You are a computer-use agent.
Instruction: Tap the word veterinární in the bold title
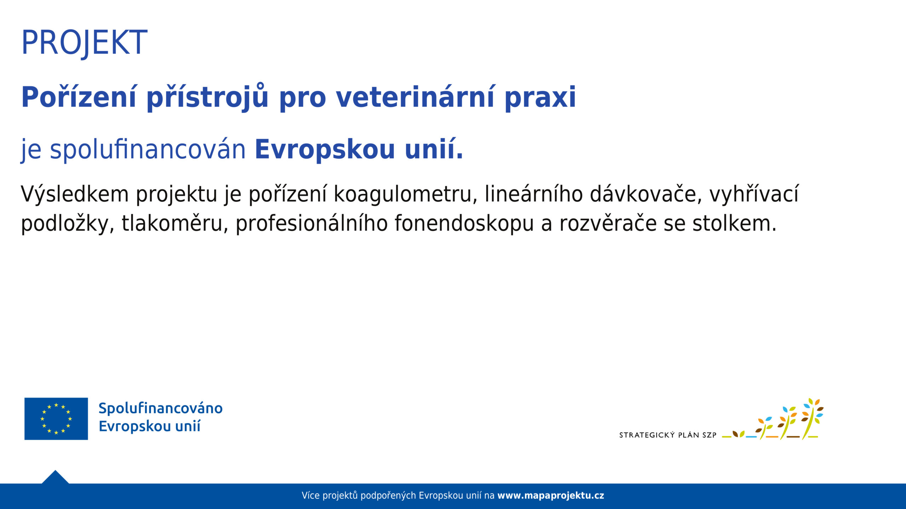[415, 97]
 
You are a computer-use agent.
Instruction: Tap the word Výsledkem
[75, 194]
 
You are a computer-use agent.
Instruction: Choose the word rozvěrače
[608, 224]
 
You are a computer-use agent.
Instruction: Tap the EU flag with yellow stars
[56, 419]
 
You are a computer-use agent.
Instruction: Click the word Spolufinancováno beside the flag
[160, 409]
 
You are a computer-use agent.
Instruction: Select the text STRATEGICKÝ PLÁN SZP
[667, 435]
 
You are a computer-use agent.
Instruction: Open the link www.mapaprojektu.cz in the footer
[551, 496]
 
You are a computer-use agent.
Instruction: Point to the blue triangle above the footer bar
[55, 477]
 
